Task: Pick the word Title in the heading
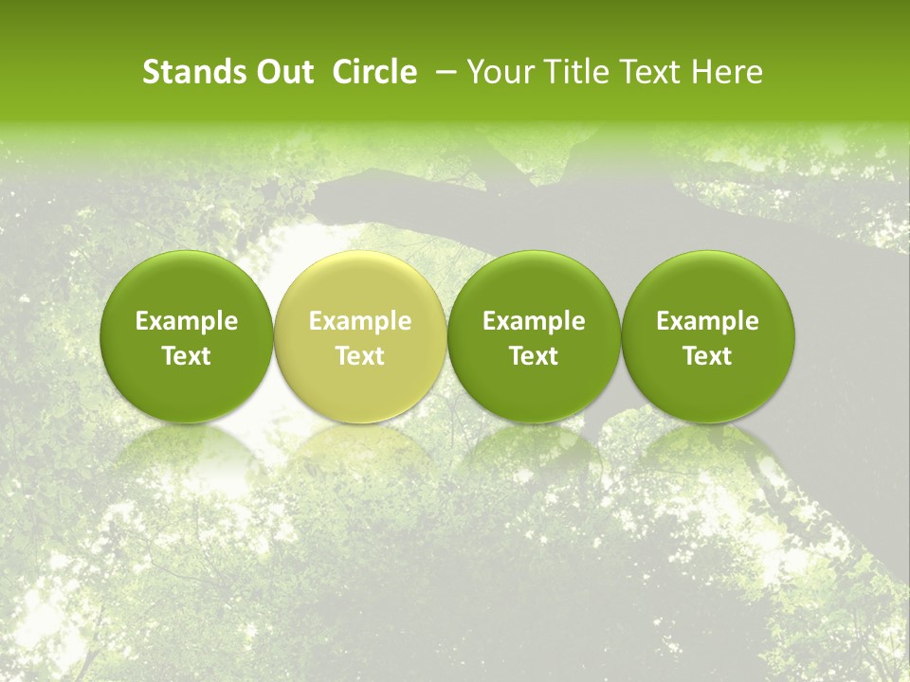571,72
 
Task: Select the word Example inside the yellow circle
360,322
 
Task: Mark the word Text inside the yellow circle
360,356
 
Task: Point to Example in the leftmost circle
187,322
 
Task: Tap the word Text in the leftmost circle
187,356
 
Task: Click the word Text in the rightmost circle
707,356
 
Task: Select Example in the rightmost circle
707,322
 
